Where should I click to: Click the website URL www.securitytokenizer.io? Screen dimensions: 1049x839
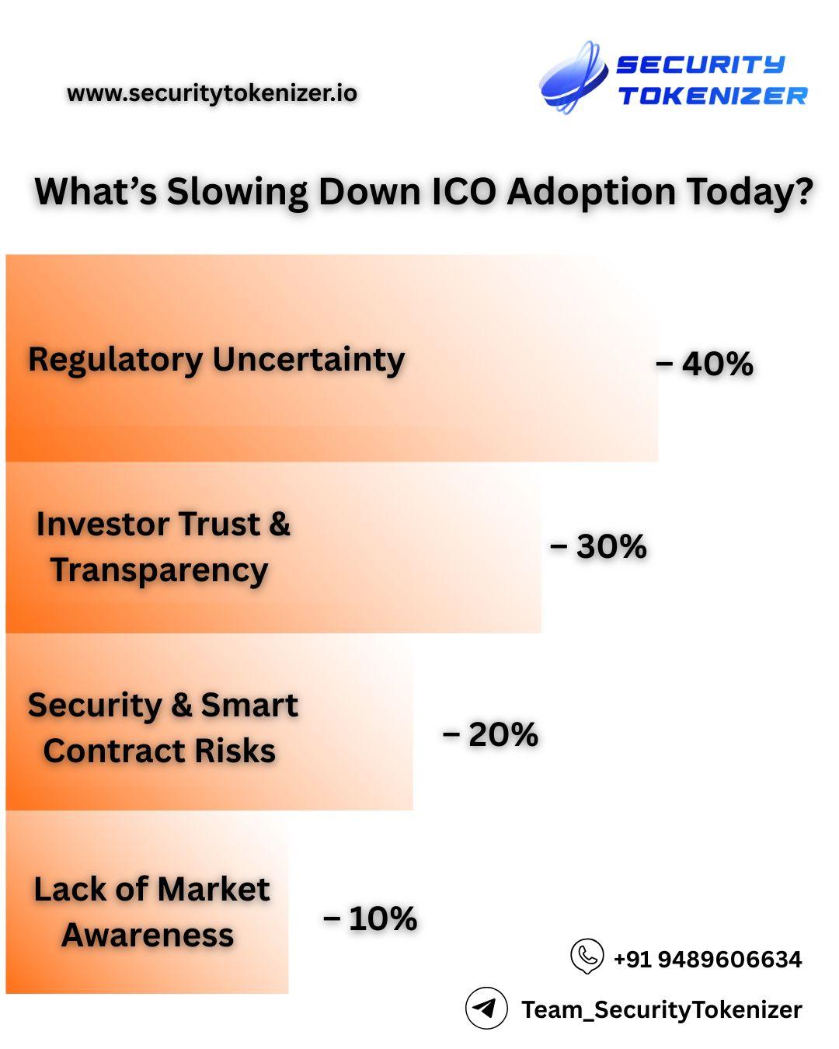(212, 93)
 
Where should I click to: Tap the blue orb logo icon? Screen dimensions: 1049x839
(573, 78)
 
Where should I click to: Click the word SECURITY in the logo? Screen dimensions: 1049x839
(701, 64)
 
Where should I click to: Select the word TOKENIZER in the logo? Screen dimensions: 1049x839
(712, 96)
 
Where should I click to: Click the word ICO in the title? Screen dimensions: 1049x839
(463, 191)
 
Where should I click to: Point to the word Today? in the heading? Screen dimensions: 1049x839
(750, 191)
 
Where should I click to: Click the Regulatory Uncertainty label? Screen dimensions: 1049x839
(217, 360)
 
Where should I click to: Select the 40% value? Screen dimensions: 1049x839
(717, 364)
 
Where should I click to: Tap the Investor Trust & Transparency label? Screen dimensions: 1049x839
(162, 546)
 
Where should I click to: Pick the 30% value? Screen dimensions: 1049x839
(611, 546)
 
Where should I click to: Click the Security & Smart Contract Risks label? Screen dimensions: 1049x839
(162, 727)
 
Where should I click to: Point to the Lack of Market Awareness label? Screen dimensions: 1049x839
(151, 911)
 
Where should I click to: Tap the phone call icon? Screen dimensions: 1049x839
(587, 956)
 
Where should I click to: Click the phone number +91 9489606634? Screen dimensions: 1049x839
(708, 960)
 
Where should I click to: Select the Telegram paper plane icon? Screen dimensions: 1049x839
(486, 1009)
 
